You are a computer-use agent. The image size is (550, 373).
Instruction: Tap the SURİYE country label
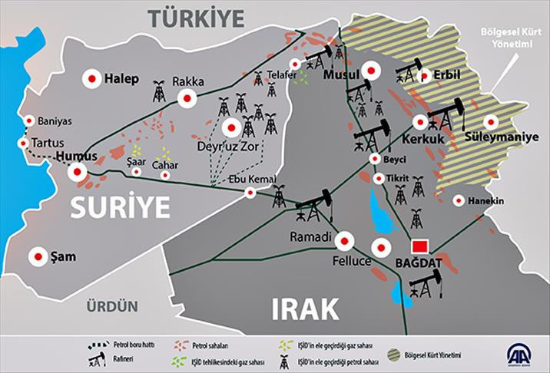[120, 206]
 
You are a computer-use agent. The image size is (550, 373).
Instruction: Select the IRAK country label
[305, 308]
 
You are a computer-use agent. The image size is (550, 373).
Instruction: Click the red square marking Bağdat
[419, 247]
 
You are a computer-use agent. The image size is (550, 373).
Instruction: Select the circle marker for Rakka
[186, 97]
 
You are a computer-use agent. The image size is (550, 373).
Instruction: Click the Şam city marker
[37, 256]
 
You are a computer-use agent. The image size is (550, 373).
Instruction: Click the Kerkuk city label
[422, 141]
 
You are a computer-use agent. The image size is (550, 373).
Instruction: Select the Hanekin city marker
[459, 201]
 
